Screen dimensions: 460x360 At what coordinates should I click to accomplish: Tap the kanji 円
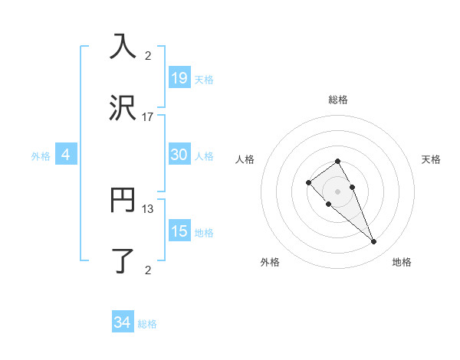tap(123, 200)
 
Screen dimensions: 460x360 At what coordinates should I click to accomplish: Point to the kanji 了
tap(123, 260)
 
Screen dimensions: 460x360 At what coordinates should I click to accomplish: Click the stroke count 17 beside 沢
tap(148, 117)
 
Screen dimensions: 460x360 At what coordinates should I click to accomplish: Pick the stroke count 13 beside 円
tap(148, 208)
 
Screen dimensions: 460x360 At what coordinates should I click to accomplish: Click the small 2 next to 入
tap(148, 55)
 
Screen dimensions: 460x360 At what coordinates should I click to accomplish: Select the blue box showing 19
tap(179, 78)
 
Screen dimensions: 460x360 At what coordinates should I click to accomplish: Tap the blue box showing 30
tap(179, 155)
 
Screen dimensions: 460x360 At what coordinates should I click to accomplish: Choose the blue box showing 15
tap(179, 231)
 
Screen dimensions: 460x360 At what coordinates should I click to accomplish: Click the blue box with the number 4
tap(66, 155)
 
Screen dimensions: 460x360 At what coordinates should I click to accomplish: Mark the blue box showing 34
tap(122, 323)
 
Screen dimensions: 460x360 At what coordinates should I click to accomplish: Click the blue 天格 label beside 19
tap(204, 80)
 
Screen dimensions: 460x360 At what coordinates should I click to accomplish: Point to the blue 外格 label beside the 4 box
tap(41, 156)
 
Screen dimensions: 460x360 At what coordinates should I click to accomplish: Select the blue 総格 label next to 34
tap(147, 324)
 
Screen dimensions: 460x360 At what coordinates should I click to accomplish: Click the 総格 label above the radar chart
tap(337, 100)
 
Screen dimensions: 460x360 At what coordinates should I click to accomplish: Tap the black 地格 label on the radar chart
tap(402, 263)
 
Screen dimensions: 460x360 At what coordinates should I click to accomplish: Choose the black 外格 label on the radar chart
tap(270, 263)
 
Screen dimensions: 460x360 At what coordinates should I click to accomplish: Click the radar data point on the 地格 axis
tap(373, 242)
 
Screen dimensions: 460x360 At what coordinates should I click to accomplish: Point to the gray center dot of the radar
tap(337, 191)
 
